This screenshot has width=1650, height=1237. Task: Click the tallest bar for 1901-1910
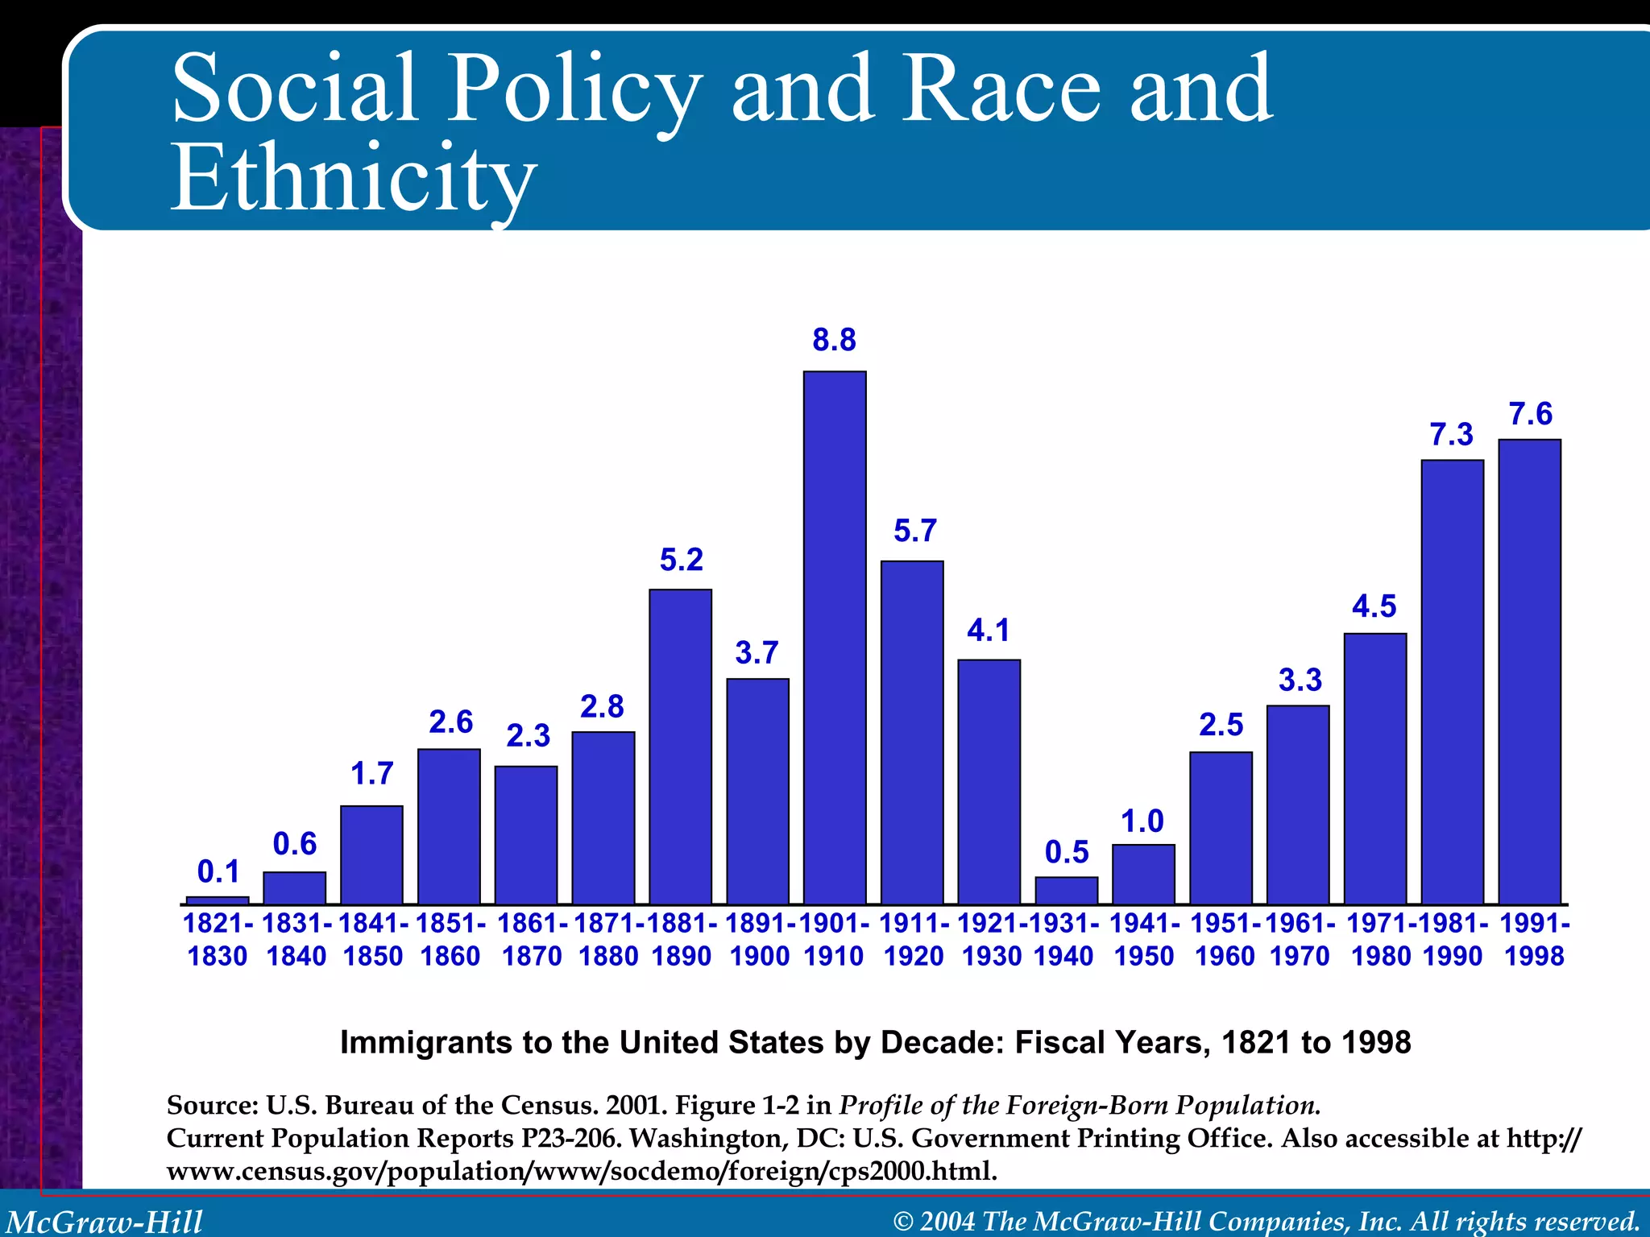(x=835, y=636)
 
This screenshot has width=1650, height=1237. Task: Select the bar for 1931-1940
(x=1066, y=891)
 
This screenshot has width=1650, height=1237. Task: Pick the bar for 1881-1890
(x=680, y=746)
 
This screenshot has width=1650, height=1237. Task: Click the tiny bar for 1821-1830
(x=218, y=900)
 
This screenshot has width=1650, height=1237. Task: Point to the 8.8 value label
(x=834, y=340)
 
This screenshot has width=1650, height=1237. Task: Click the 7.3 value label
(x=1451, y=435)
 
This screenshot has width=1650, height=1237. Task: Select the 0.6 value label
(x=295, y=843)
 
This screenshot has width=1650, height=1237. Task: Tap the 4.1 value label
(x=989, y=630)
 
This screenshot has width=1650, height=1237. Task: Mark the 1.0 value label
(x=1142, y=821)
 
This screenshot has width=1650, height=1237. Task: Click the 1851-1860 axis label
(x=450, y=939)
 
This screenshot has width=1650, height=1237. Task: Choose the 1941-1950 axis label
(x=1144, y=939)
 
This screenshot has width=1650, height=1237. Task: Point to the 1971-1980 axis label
(x=1381, y=939)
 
